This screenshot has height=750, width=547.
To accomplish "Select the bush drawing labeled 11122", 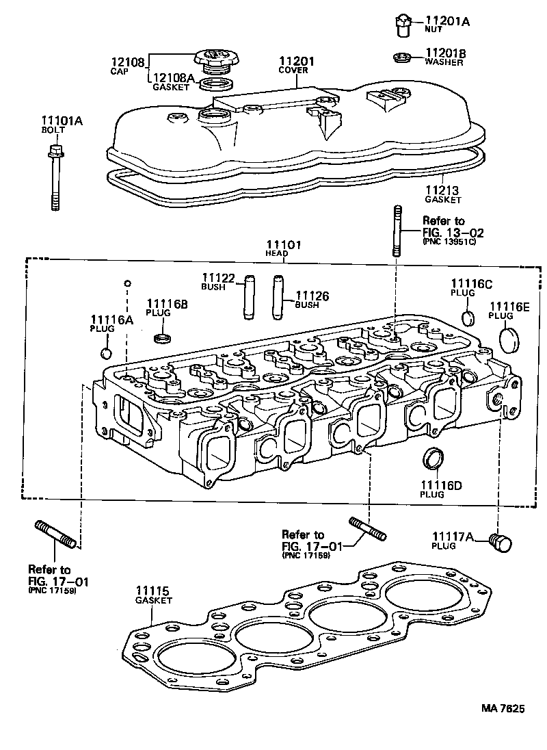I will coord(249,296).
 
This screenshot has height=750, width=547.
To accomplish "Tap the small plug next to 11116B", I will coord(163,337).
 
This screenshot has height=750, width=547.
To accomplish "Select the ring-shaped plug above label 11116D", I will coord(432,458).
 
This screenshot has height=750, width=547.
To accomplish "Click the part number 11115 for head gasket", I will coord(152,591).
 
